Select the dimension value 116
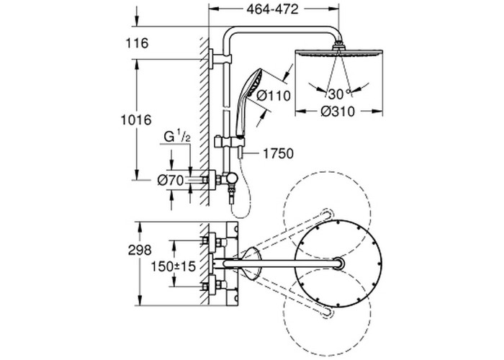pyautogui.click(x=135, y=44)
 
